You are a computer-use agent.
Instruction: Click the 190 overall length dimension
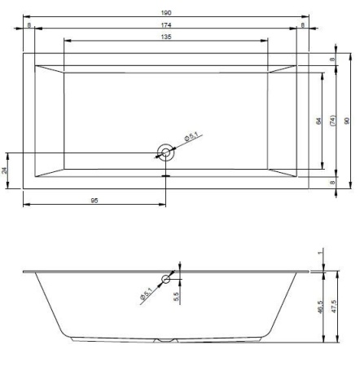pyautogui.click(x=166, y=12)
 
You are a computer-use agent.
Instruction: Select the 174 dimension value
pyautogui.click(x=166, y=25)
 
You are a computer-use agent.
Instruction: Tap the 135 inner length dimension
pyautogui.click(x=166, y=37)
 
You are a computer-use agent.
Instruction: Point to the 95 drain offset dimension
pyautogui.click(x=94, y=201)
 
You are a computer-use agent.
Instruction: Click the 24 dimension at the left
pyautogui.click(x=5, y=170)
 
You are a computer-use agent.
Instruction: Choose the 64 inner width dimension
pyautogui.click(x=318, y=121)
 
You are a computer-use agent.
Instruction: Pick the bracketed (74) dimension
pyautogui.click(x=332, y=120)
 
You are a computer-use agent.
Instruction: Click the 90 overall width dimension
pyautogui.click(x=347, y=121)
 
